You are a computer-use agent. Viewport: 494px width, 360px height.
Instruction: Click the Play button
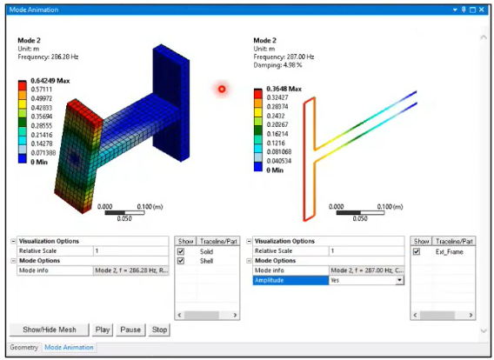[x=103, y=330]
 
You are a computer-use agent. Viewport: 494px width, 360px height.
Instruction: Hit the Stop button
[x=159, y=330]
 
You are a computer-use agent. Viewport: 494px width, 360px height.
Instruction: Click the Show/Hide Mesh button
[x=50, y=330]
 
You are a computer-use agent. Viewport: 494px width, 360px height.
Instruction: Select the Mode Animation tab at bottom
[x=70, y=347]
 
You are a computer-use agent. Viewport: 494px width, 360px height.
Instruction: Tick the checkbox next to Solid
[x=182, y=251]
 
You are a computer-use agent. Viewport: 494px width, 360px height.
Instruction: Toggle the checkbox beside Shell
[x=182, y=261]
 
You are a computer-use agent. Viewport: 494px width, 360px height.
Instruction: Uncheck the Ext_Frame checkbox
[x=417, y=251]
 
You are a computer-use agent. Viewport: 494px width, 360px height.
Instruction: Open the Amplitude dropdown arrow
[x=400, y=280]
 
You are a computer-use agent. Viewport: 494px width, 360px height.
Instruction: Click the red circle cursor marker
[x=222, y=89]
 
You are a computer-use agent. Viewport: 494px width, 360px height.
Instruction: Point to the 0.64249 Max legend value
[x=50, y=81]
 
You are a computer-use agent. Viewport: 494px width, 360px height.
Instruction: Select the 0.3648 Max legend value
[x=284, y=89]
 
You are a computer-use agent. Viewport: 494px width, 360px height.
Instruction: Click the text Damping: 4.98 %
[x=280, y=64]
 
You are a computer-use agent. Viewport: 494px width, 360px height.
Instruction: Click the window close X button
[x=484, y=8]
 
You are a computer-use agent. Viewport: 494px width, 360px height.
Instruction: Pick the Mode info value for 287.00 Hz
[x=365, y=270]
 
